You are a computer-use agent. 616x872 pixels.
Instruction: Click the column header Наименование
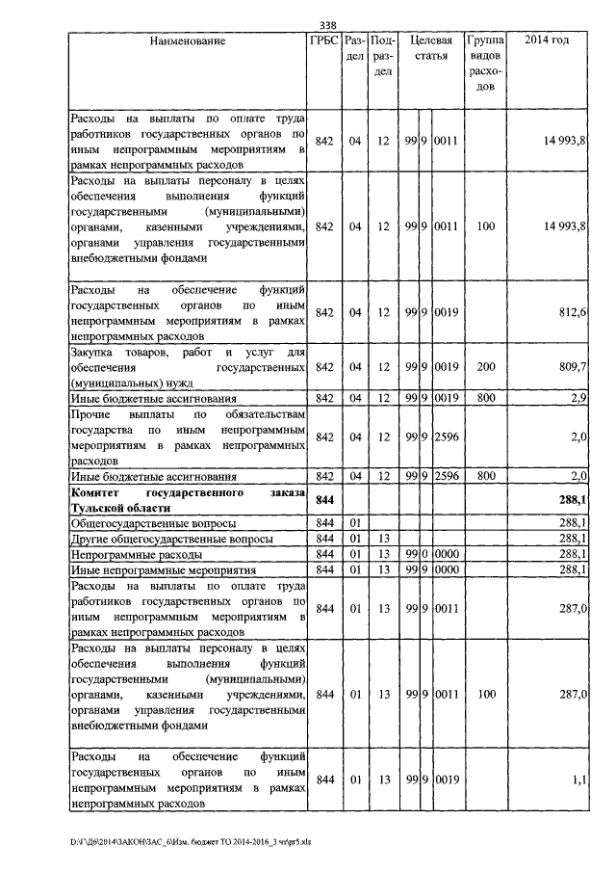[188, 41]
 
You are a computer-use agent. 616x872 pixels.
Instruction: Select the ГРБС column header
[323, 41]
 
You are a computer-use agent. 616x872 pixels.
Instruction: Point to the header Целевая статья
[431, 48]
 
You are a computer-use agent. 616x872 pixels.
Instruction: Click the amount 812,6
[571, 312]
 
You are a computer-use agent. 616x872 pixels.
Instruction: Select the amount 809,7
[571, 367]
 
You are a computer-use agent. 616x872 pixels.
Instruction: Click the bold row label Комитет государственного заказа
[188, 500]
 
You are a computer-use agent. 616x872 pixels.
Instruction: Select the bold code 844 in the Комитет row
[324, 500]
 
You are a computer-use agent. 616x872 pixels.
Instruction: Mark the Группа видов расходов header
[485, 64]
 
